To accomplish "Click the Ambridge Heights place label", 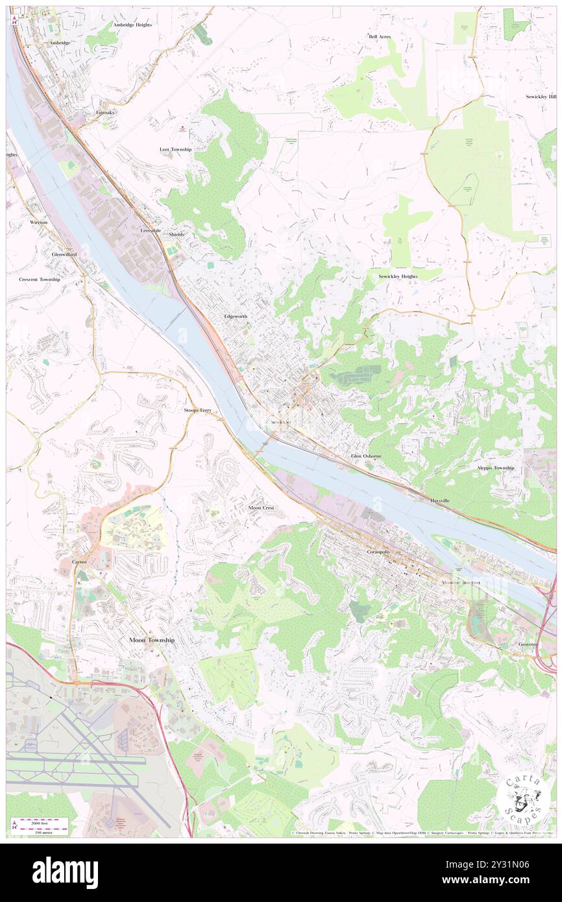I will tap(132, 25).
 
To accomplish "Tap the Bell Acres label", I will tap(380, 37).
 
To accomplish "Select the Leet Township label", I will tap(175, 149).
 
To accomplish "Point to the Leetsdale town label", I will tap(151, 230).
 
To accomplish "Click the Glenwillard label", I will tap(64, 254).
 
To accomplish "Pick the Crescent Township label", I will tap(39, 279).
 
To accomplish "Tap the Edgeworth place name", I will tap(235, 316).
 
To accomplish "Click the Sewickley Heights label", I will tap(398, 276).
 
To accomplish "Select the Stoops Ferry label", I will tap(198, 411).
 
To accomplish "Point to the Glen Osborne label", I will tap(366, 456).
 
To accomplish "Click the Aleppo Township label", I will tap(495, 468).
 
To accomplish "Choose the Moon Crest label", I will tap(261, 507).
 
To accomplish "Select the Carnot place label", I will tap(79, 560).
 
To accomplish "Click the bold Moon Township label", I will tap(151, 640).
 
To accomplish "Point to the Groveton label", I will tap(528, 644).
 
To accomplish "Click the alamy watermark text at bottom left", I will tap(65, 872).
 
